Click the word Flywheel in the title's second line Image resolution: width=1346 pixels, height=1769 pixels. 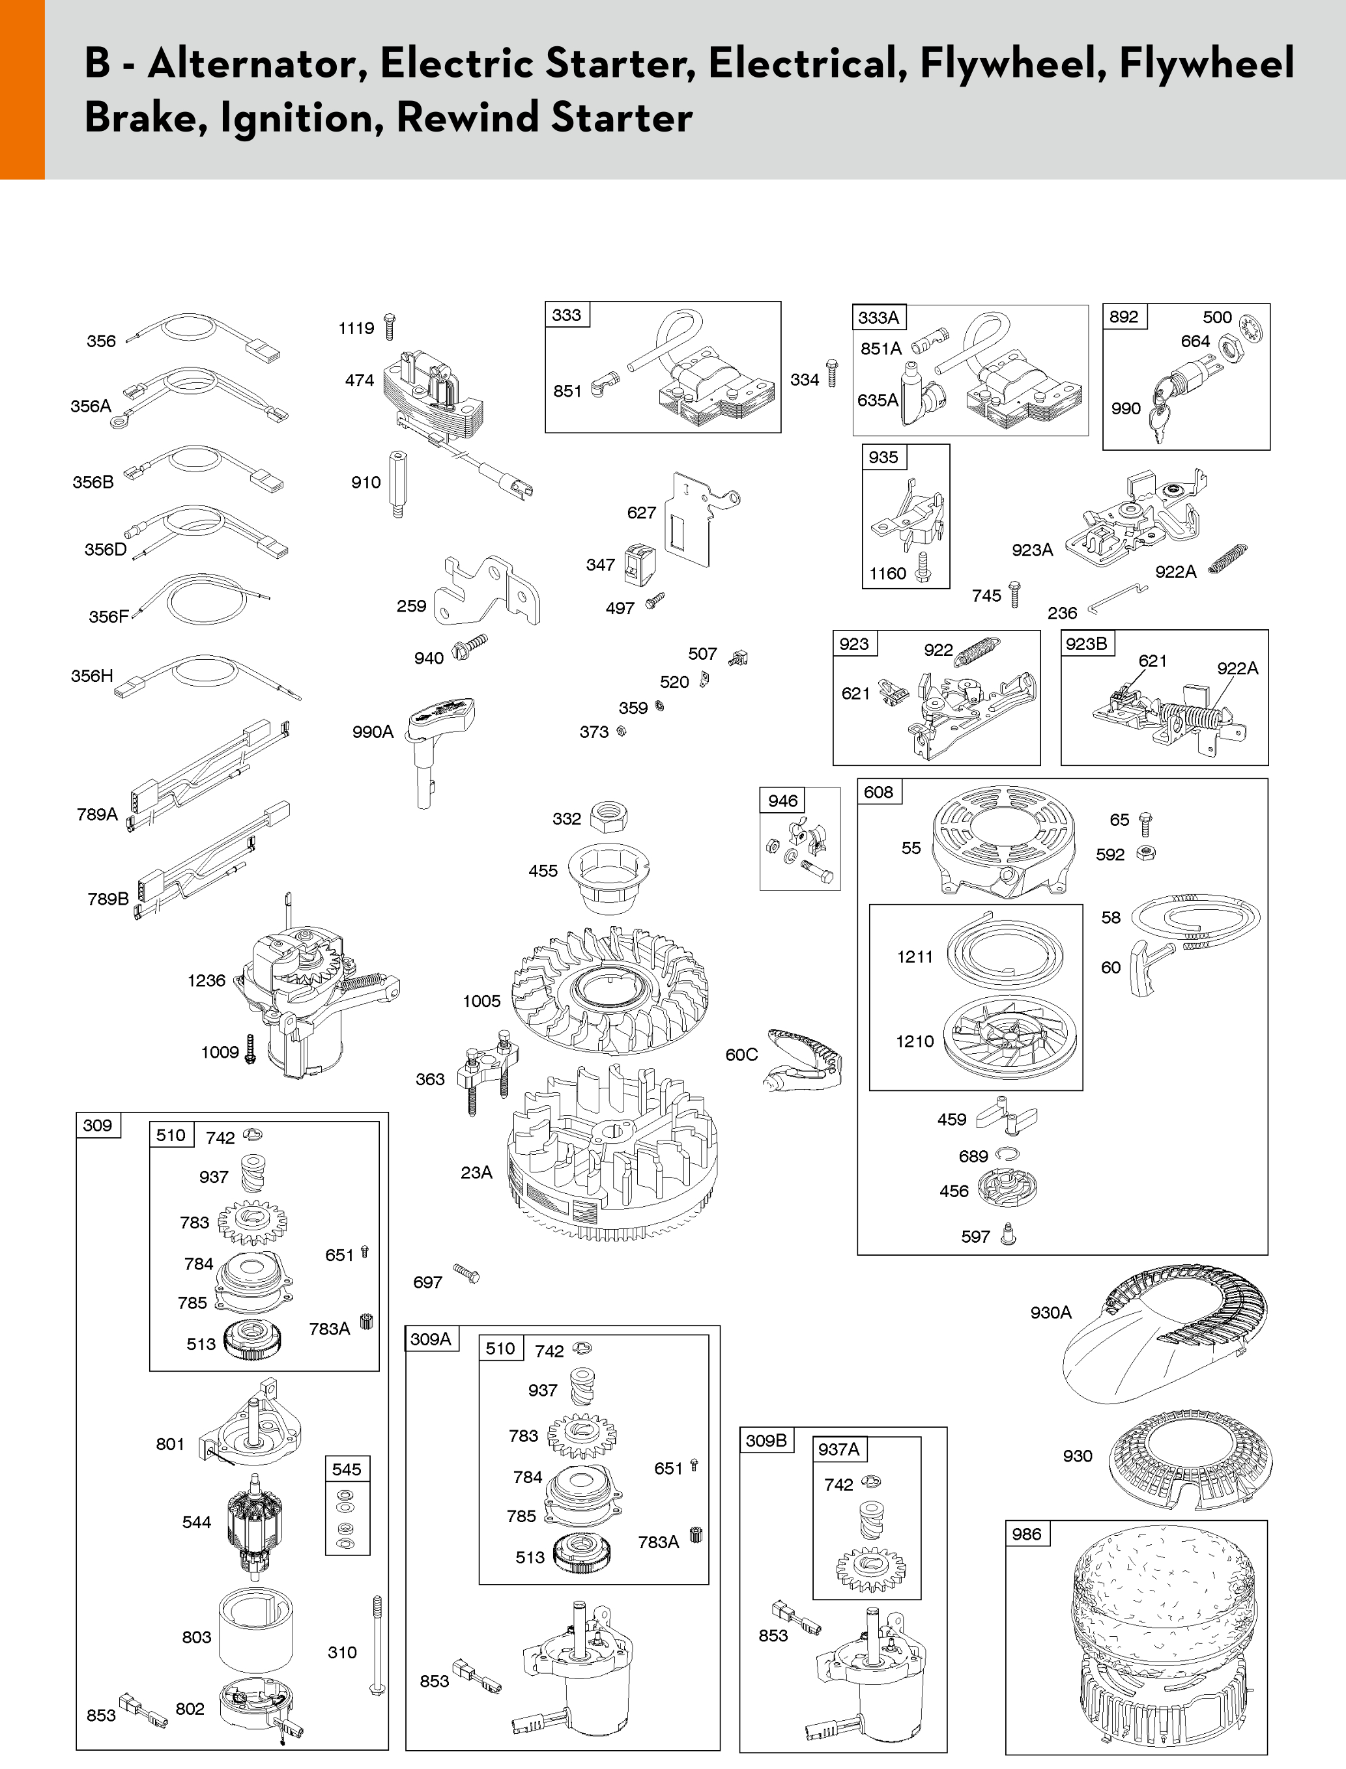coord(1206,63)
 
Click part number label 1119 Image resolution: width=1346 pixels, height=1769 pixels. coord(356,328)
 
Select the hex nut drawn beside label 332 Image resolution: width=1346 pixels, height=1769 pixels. coord(608,817)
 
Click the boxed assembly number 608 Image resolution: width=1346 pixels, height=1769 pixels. coord(878,792)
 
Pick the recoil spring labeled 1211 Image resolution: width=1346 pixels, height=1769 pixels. coord(1005,953)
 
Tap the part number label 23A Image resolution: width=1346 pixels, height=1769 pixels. coord(476,1172)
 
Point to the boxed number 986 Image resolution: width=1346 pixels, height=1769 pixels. coord(1026,1535)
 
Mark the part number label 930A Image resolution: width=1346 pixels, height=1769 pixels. coord(1050,1312)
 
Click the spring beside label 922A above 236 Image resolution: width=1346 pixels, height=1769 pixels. coord(1227,558)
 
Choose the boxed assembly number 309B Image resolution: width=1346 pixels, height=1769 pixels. coord(766,1441)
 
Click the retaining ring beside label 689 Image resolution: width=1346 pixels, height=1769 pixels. coord(1007,1154)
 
